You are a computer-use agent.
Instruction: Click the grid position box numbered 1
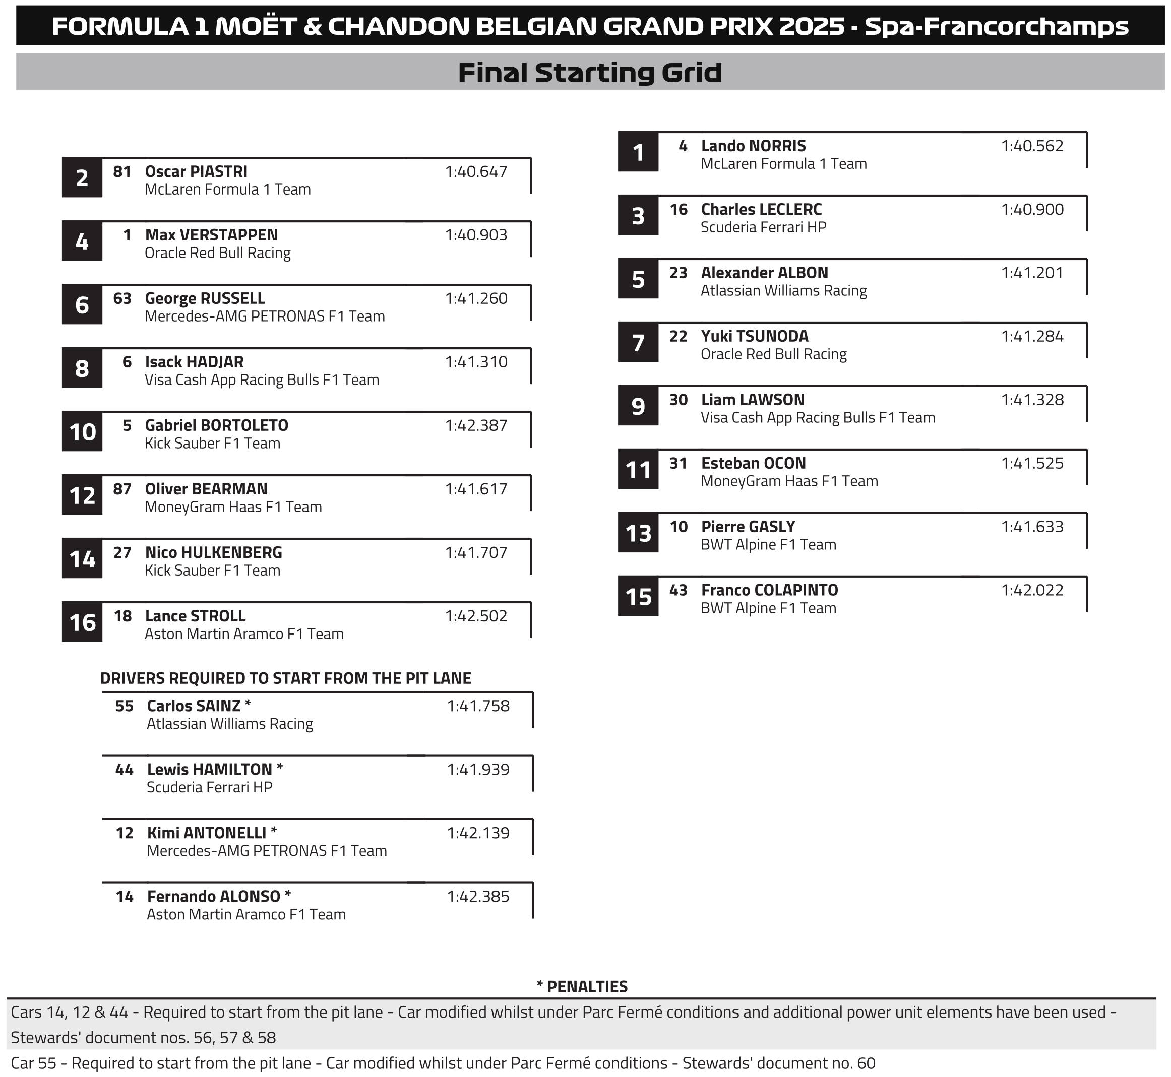coord(638,153)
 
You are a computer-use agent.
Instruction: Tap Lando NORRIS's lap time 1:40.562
coord(1032,146)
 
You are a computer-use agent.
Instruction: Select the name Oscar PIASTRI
coord(196,171)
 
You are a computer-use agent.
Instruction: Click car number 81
coord(122,171)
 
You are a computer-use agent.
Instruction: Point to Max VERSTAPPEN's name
coord(211,235)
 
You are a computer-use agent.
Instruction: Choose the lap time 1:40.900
coord(1032,209)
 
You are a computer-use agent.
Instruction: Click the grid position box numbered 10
coord(82,432)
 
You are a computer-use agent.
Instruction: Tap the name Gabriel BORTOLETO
coord(216,425)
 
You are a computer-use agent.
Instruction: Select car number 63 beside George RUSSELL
coord(122,298)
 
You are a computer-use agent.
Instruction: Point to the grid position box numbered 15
coord(638,597)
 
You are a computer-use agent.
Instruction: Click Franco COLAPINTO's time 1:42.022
coord(1032,590)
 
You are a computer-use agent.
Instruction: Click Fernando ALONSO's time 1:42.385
coord(478,897)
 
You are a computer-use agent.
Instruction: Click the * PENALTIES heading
coord(582,987)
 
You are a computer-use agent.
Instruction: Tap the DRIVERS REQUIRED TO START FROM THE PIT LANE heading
coord(286,678)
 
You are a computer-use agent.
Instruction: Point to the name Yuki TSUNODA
coord(754,336)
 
